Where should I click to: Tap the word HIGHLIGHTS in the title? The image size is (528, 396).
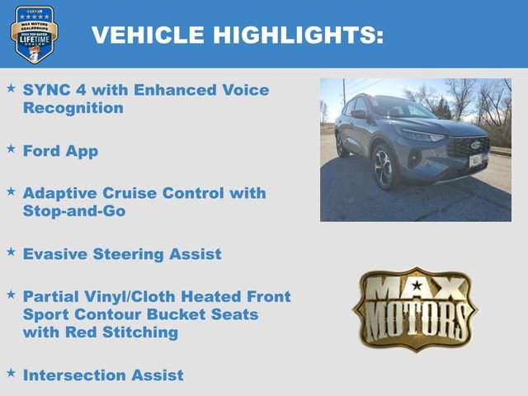(298, 35)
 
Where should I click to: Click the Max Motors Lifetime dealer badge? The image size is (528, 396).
(34, 34)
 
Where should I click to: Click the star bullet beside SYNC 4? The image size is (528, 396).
(11, 87)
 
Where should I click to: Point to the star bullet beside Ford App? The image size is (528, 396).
(11, 148)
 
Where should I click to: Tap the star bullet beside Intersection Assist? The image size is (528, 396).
(11, 372)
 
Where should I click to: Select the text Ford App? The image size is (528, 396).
(60, 151)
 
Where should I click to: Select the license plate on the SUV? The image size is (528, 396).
(475, 160)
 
